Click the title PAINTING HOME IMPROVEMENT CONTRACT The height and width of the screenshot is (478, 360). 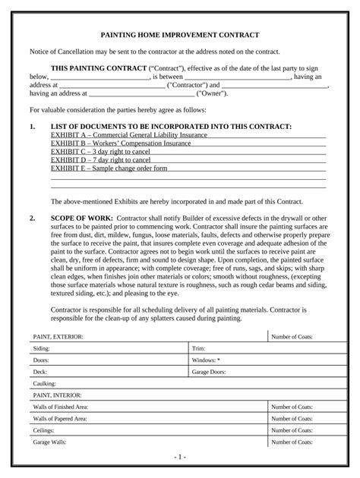pyautogui.click(x=180, y=36)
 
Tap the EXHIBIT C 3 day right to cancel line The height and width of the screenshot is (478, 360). pyautogui.click(x=100, y=152)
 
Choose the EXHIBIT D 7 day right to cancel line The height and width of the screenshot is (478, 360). pyautogui.click(x=100, y=160)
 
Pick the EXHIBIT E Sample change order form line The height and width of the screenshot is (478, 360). pyautogui.click(x=109, y=168)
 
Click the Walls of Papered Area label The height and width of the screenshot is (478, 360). pyautogui.click(x=59, y=418)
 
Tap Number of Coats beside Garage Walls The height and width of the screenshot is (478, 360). pyautogui.click(x=292, y=442)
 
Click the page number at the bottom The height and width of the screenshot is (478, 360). pyautogui.click(x=180, y=458)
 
